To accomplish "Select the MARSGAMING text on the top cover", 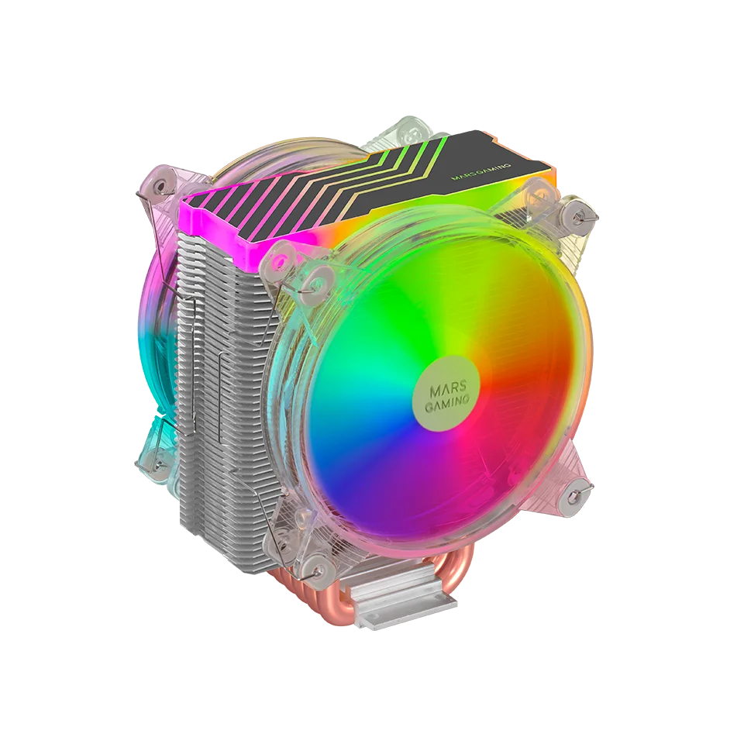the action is pos(480,172).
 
